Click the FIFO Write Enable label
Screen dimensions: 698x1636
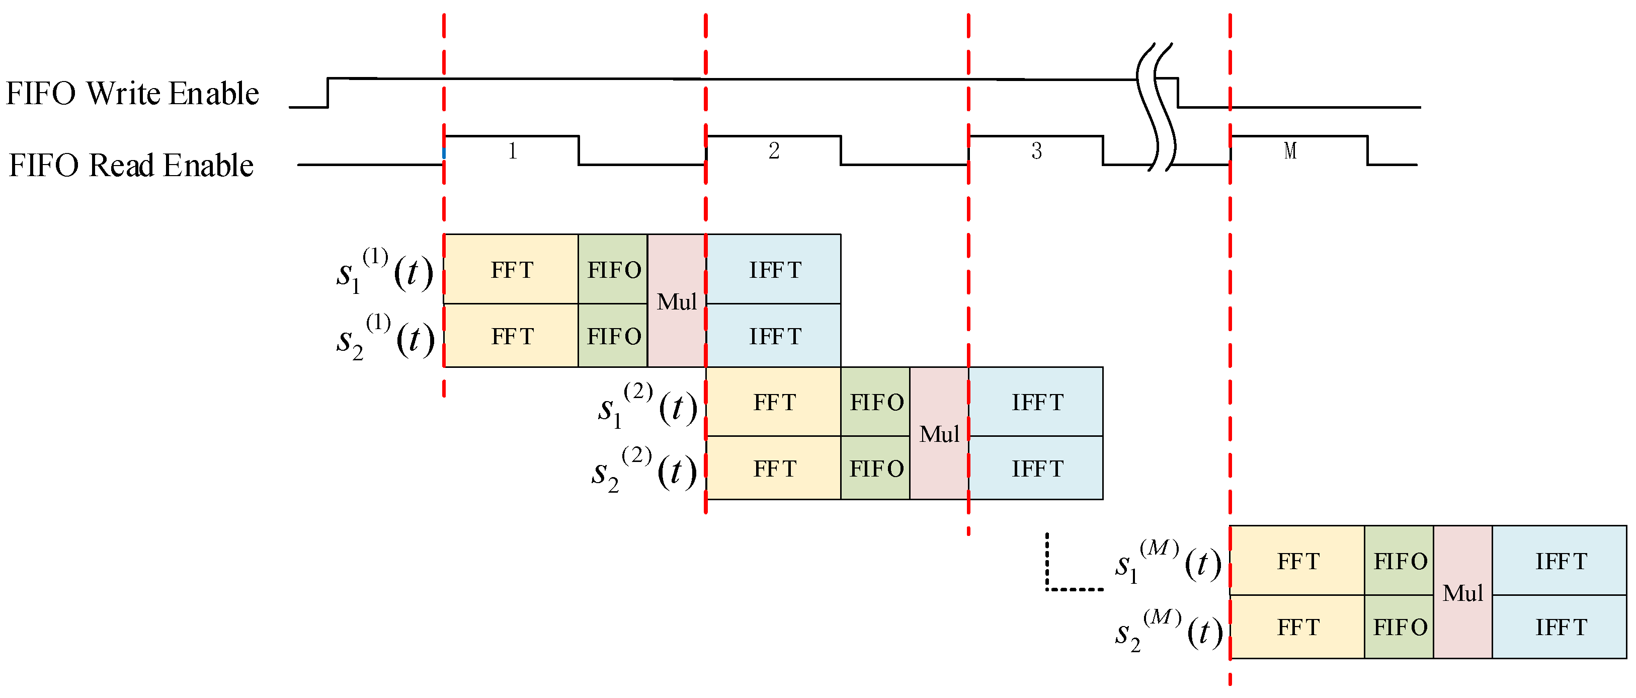coord(132,94)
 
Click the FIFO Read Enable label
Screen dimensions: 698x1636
coord(131,166)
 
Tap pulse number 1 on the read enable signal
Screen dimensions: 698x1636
coord(512,150)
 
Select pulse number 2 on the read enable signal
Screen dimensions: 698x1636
coord(774,150)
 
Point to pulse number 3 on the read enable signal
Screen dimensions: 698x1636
coord(1036,150)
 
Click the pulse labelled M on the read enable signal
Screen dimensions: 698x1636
coord(1290,150)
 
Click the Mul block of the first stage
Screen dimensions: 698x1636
coord(676,301)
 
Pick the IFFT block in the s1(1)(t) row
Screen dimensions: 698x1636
coord(774,270)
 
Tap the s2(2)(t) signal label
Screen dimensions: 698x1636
coord(643,471)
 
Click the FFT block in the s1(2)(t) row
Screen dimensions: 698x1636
coord(774,402)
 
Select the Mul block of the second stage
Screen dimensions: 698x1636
coord(939,434)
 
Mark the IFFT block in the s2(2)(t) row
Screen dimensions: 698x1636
coord(1036,469)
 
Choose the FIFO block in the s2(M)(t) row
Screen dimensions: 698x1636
coord(1399,628)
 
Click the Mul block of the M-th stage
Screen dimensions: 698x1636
coord(1462,592)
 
